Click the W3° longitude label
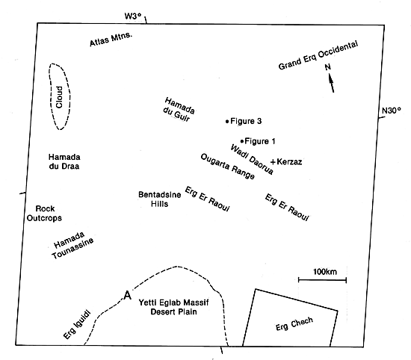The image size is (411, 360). pos(133,16)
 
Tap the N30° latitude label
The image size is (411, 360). pos(392,111)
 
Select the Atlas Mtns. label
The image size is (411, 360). pos(111,40)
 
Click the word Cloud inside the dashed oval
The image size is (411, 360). pos(60,97)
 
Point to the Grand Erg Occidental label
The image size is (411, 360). pos(318,55)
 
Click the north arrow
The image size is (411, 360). pos(331,83)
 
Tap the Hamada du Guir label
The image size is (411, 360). pos(179,110)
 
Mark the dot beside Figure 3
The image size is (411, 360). pos(227,121)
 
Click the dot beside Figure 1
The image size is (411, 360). pos(242,141)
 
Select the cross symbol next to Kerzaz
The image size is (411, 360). pos(273,162)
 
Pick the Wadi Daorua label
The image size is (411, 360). pos(252,159)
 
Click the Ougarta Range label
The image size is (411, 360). pos(227,167)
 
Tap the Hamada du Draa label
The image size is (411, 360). pos(64,161)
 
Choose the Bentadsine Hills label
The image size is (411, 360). pos(160,199)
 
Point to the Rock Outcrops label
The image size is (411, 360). pos(44,214)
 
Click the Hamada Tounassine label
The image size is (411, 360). pos(72,245)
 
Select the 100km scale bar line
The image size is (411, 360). pos(322,280)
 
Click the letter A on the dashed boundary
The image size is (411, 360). pos(127,295)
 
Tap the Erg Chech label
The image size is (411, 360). pos(294,324)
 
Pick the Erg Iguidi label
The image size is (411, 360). pos(77,325)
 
